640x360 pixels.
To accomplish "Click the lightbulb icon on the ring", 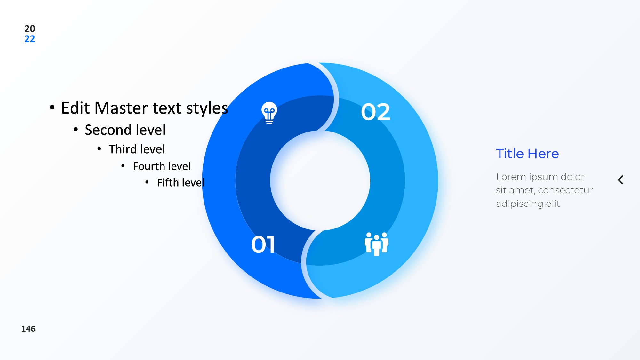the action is point(269,113).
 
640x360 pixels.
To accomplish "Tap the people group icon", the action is point(377,244).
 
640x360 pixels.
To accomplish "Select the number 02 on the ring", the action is point(376,112).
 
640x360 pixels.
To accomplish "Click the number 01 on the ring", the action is point(263,245).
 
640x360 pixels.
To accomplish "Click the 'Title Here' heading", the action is point(527,154).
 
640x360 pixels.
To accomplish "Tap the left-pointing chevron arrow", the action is point(620,180).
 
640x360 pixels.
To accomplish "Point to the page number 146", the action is point(28,329).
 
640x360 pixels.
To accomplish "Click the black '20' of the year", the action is point(30,28).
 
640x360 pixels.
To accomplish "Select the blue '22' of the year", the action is point(30,39).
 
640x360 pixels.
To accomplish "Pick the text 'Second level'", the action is point(125,130).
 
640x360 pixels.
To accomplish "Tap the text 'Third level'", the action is point(137,149).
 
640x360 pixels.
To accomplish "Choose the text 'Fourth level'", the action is point(162,166).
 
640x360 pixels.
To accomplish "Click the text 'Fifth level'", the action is point(180,182).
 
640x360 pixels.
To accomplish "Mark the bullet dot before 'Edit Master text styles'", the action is point(52,108).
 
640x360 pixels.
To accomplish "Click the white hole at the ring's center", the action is point(320,180).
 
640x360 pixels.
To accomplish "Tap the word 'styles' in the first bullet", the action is point(207,108).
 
